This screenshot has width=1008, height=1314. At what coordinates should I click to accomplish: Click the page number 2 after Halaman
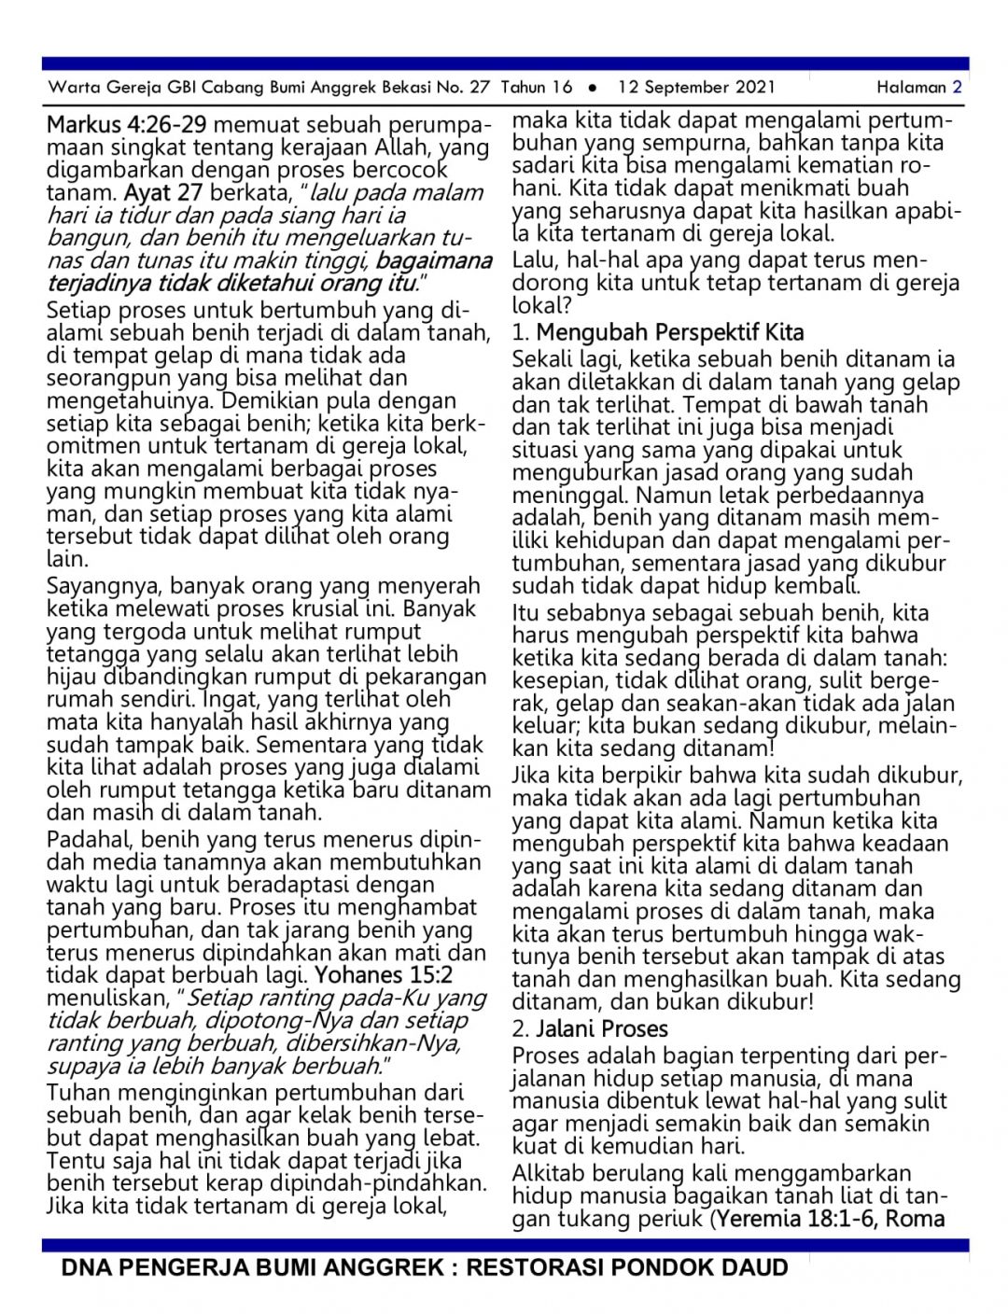coord(957,88)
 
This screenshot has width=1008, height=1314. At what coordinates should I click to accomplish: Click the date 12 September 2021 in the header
coord(696,88)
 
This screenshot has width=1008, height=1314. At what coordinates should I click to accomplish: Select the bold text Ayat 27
coord(163,193)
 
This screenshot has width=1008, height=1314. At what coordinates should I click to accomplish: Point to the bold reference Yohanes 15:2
coord(384,975)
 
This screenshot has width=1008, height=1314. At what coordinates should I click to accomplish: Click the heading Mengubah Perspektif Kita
coord(669,332)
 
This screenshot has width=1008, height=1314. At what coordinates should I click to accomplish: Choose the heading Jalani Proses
coord(602,1029)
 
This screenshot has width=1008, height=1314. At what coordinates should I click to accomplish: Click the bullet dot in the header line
coord(593,88)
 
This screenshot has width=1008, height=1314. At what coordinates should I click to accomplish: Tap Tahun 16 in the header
coord(537,88)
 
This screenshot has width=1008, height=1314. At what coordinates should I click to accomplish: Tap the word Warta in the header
coord(73,88)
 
